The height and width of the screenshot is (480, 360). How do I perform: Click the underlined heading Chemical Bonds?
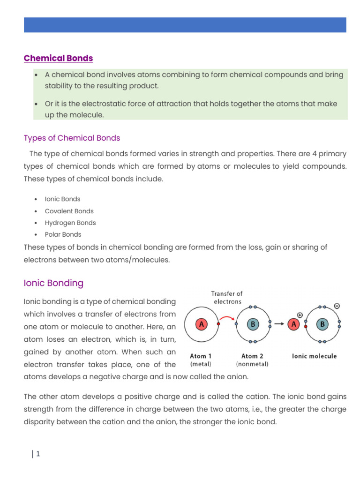58,58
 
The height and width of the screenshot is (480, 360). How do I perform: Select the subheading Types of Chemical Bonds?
72,138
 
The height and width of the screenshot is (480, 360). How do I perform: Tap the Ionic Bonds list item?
62,199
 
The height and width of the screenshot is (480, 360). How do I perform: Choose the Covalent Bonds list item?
69,211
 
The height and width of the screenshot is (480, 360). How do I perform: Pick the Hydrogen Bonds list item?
70,223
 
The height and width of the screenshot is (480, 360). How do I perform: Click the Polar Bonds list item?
63,234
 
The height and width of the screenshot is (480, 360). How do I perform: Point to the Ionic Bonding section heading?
53,283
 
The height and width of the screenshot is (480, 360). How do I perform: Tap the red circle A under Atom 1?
202,324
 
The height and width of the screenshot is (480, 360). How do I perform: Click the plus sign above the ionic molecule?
300,315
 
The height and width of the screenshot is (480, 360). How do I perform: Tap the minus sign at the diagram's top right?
337,306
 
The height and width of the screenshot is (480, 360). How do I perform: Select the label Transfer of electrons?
226,298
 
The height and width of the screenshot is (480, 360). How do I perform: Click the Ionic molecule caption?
314,356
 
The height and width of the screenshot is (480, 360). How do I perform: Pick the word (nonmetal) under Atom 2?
252,364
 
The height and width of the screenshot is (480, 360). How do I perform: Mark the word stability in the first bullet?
60,86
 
